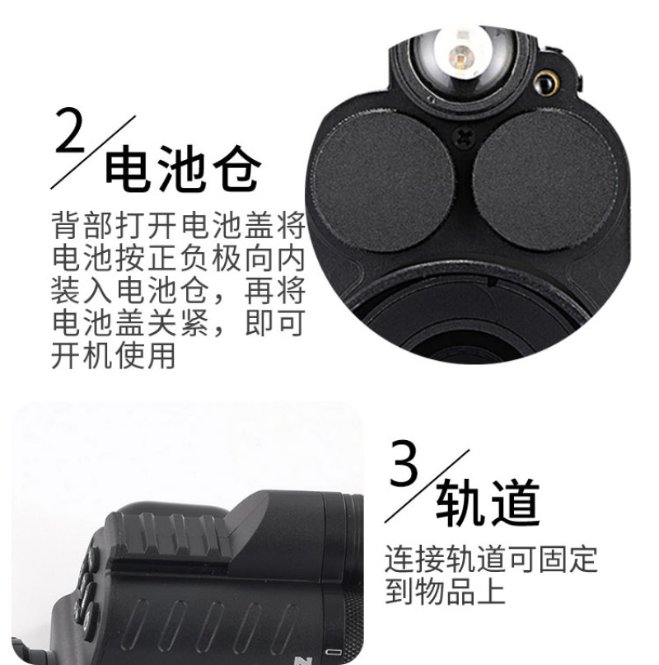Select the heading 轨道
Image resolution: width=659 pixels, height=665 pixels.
click(x=488, y=503)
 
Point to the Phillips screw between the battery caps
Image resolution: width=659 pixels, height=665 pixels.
click(x=464, y=138)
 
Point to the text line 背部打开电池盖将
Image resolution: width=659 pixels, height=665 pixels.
click(x=179, y=225)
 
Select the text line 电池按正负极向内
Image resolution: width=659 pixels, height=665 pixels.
click(x=179, y=258)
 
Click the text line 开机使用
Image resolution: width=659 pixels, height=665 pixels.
click(x=113, y=355)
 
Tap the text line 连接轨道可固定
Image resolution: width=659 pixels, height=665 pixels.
click(x=491, y=559)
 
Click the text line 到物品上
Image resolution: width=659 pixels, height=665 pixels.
click(x=446, y=591)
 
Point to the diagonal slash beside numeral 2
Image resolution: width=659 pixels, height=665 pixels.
click(x=93, y=152)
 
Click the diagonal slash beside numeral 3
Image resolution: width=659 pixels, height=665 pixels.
click(x=427, y=486)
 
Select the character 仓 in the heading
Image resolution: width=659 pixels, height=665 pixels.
click(x=236, y=169)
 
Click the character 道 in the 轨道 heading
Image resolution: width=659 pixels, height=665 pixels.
click(x=515, y=503)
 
